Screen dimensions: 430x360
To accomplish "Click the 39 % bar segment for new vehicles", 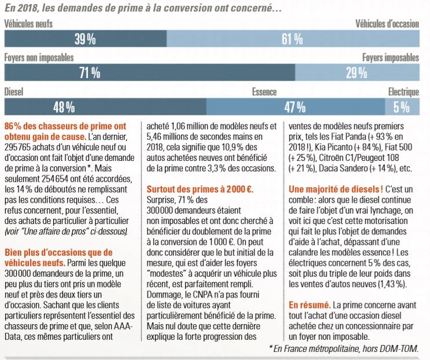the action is coord(85,39).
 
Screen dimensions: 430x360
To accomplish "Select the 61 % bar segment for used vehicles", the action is coord(293,39).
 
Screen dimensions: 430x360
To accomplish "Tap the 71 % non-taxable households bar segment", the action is coord(150,72).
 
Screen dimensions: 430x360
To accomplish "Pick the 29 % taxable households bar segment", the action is coord(357,72).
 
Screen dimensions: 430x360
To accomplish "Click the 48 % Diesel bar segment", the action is coord(105,106).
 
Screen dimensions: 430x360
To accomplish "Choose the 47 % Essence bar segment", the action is coord(296,106).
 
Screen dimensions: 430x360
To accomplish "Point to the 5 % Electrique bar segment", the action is coord(402,106).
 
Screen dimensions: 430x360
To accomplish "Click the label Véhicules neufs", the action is coord(28,24).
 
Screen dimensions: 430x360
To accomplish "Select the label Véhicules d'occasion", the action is coord(387,24).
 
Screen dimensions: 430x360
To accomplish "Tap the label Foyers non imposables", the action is coord(39,57).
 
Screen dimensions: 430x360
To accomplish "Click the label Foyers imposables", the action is coord(391,57).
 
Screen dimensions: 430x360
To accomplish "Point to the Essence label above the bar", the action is coord(264,92).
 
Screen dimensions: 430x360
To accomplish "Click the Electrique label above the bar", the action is coord(404,92).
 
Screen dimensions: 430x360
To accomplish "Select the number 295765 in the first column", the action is coord(17,147).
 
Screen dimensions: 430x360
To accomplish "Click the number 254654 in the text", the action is coord(55,179).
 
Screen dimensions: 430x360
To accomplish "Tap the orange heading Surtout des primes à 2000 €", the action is coord(200,189).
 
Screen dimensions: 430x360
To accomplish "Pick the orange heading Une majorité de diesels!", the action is coord(336,189).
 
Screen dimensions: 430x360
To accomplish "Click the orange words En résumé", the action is coord(310,305).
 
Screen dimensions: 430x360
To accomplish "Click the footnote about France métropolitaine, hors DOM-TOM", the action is coord(344,348).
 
